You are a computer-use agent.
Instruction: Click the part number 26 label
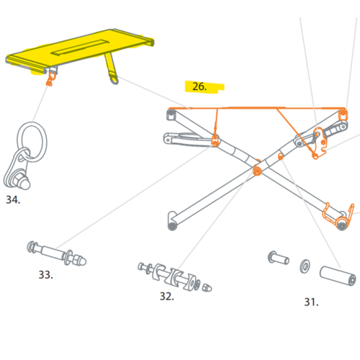point(199,86)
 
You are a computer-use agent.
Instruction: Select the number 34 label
point(13,199)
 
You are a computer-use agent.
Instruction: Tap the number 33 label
point(46,275)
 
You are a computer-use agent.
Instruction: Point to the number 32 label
point(167,297)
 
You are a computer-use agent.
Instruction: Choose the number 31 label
point(311,302)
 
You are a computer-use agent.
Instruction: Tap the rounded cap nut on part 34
point(24,181)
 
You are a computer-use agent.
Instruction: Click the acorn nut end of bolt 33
point(80,261)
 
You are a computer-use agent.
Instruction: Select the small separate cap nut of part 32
point(207,287)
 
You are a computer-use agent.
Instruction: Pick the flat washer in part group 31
point(305,266)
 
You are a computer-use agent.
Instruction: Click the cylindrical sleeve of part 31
point(338,276)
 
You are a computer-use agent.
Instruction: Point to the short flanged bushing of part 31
point(278,258)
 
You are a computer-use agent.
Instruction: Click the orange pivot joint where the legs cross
point(257,171)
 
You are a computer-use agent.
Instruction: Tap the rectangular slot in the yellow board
point(81,47)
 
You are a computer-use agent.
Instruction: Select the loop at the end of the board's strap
point(114,79)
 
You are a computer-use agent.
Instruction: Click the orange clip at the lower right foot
point(338,215)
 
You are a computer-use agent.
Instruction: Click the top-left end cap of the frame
point(171,114)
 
